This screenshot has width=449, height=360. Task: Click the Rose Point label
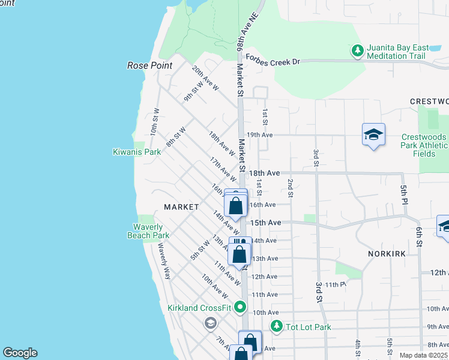[x=149, y=65]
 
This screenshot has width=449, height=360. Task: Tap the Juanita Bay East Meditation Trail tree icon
[x=357, y=50]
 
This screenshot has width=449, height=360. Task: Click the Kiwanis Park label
[x=137, y=152]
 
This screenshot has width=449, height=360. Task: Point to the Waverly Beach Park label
[x=148, y=231]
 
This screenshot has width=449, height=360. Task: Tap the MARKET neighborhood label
[x=181, y=207]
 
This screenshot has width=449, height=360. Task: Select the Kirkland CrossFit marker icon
[x=241, y=307]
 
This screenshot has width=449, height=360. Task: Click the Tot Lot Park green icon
[x=277, y=327]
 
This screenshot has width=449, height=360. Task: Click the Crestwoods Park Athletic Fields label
[x=424, y=145]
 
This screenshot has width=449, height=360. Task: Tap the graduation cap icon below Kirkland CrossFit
[x=210, y=324]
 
